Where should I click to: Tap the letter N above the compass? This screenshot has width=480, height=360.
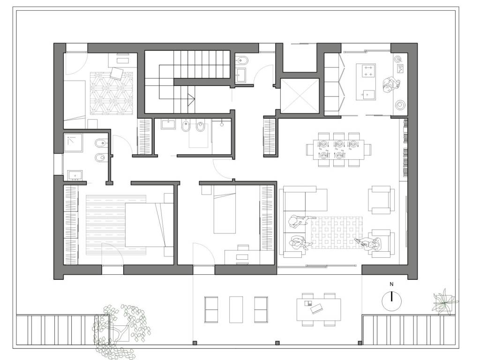click(391, 285)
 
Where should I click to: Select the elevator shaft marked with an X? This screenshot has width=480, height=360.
click(300, 96)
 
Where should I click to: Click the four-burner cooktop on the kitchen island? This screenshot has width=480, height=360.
click(368, 70)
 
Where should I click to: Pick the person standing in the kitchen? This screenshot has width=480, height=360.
click(391, 85)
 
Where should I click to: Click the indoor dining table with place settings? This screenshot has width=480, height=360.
click(338, 150)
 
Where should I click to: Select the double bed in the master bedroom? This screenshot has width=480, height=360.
click(149, 225)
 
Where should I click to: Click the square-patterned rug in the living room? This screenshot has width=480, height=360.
click(337, 232)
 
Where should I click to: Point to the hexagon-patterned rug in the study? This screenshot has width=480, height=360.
click(112, 93)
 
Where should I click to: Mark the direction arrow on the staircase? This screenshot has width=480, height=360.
click(191, 98)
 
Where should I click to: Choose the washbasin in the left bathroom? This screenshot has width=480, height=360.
click(75, 175)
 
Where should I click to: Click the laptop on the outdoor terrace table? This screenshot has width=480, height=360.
click(317, 308)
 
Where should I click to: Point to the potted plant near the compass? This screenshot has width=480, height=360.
click(444, 301)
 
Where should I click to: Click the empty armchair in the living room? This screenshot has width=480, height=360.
click(381, 200)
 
